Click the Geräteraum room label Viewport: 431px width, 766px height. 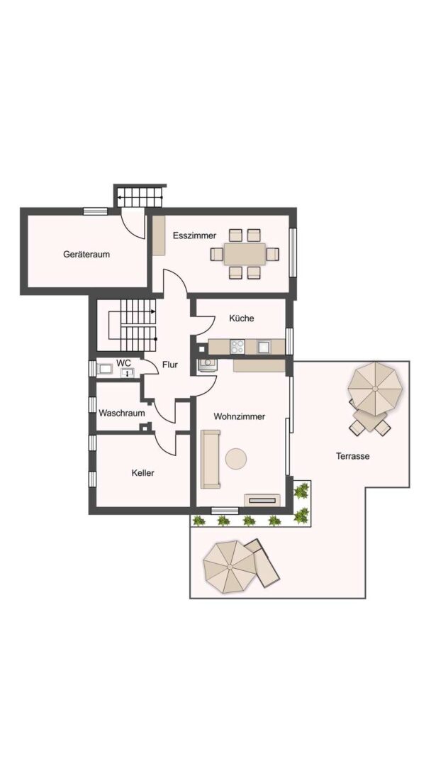(86, 254)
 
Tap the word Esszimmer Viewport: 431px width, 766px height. (194, 235)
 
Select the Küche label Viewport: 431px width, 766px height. (242, 318)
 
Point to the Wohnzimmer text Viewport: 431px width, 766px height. (239, 417)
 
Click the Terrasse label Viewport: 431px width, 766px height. (352, 456)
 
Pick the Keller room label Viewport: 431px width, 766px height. (143, 473)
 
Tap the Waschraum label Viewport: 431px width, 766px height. (121, 413)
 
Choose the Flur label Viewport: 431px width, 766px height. (170, 365)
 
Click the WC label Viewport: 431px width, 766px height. (123, 363)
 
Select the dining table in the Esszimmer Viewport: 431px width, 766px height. (245, 254)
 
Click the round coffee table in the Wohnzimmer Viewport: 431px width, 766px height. (236, 459)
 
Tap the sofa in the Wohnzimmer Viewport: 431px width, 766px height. (211, 459)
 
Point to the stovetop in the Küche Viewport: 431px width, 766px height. (237, 346)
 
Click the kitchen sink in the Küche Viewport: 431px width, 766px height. (264, 346)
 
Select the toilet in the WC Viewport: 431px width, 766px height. (104, 369)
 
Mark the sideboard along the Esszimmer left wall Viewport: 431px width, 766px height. (159, 235)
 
